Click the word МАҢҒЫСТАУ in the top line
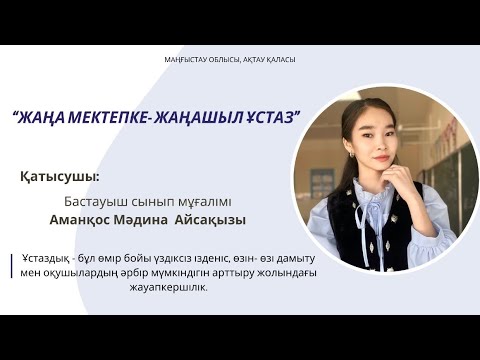click(185, 60)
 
